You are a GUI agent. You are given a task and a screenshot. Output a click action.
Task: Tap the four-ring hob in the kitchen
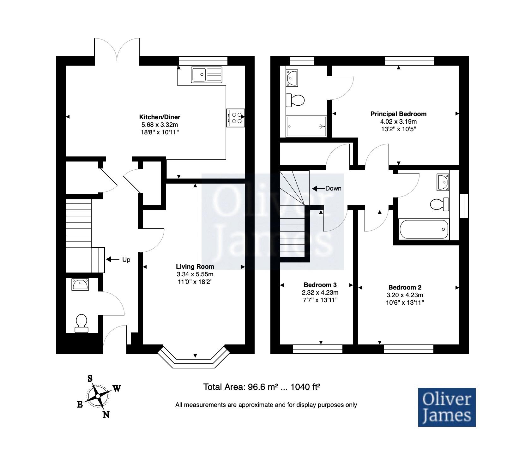(235, 118)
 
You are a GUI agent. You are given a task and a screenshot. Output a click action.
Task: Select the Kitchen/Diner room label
(160, 117)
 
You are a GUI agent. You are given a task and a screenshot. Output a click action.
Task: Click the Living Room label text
(195, 267)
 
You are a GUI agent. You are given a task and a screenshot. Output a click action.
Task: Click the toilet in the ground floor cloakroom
(81, 323)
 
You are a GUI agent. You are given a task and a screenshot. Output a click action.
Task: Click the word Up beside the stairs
(126, 260)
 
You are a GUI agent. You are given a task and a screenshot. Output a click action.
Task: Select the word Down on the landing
(333, 188)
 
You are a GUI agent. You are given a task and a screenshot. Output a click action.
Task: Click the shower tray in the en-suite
(306, 126)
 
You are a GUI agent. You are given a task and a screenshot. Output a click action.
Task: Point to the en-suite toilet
(295, 100)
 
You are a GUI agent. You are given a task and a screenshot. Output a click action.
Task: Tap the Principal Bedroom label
(398, 114)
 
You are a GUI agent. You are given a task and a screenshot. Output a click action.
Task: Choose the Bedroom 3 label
(320, 285)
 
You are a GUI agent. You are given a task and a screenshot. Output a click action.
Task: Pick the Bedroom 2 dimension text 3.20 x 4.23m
(405, 295)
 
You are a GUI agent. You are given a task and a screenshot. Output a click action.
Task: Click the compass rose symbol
(98, 396)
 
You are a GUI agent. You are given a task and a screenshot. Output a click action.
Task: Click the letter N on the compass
(106, 414)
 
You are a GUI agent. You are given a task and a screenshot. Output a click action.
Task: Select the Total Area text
(262, 387)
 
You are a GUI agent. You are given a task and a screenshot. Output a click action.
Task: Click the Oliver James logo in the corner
(447, 407)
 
